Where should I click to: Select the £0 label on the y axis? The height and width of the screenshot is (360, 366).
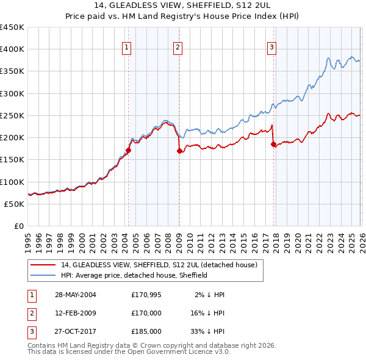click(18, 226)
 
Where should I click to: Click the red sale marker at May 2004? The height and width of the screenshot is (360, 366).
click(129, 150)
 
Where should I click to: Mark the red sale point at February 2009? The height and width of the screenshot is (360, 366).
click(179, 151)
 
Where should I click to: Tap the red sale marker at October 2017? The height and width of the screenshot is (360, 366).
click(273, 145)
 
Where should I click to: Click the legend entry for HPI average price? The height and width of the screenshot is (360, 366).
click(134, 275)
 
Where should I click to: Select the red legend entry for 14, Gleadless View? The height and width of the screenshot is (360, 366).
click(159, 265)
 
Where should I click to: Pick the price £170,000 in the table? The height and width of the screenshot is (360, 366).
click(146, 313)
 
